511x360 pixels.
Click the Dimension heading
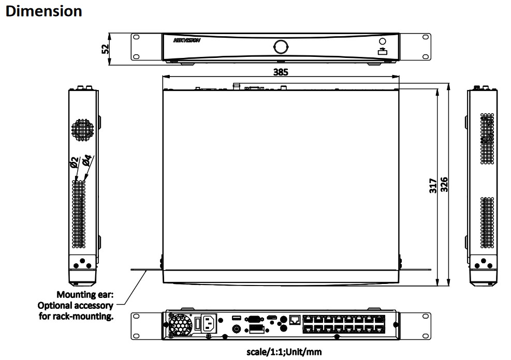[43, 11]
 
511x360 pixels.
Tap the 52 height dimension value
[105, 49]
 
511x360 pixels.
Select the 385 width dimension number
[280, 72]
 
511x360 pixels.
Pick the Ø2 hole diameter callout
[74, 164]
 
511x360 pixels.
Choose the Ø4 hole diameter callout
[87, 161]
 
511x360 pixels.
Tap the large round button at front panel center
[281, 46]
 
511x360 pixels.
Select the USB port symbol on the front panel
[382, 51]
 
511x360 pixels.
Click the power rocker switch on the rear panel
[197, 324]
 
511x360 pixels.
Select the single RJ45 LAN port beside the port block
[295, 320]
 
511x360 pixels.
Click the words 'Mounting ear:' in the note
[85, 295]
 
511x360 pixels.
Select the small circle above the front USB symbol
[382, 41]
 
